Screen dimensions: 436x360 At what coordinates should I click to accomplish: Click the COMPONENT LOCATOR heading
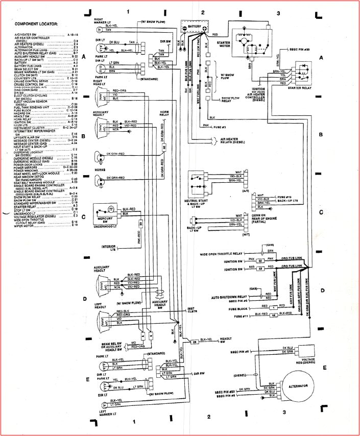[36, 24]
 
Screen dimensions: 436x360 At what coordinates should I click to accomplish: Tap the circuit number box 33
[140, 224]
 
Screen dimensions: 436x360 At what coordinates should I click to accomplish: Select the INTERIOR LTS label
[109, 249]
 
